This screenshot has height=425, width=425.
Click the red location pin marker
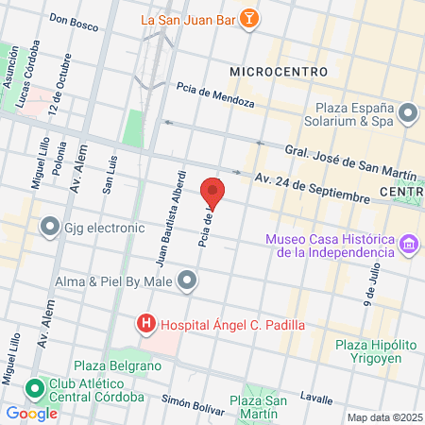pyautogui.click(x=213, y=193)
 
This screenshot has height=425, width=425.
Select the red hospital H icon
pyautogui.click(x=147, y=325)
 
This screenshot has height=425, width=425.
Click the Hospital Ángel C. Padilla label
pyautogui.click(x=232, y=325)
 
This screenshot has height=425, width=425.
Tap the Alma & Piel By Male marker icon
pyautogui.click(x=188, y=279)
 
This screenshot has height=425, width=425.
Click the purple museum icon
pyautogui.click(x=408, y=246)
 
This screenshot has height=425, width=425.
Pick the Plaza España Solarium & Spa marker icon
pyautogui.click(x=408, y=114)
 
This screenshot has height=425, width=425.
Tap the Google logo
pyautogui.click(x=31, y=413)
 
